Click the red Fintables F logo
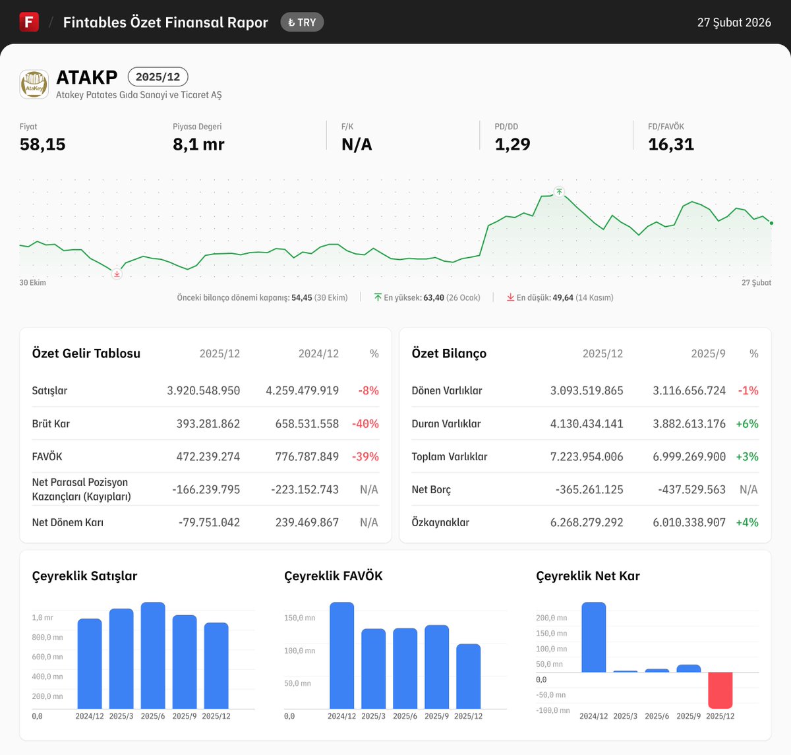(29, 22)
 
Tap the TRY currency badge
(302, 22)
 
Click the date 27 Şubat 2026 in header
(734, 22)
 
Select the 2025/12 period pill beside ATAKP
(158, 76)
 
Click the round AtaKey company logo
(34, 84)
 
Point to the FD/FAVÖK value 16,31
(670, 144)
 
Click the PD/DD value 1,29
(512, 144)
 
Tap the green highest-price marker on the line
(559, 192)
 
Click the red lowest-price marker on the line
(117, 274)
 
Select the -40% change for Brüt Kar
(365, 423)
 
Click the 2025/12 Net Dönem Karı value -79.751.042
(209, 522)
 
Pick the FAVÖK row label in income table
(47, 456)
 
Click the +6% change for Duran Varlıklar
(747, 423)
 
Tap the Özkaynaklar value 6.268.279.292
(586, 522)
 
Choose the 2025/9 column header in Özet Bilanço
(707, 353)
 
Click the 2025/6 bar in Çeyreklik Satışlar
(153, 655)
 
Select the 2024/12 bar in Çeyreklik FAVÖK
(341, 655)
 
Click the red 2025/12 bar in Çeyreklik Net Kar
(720, 690)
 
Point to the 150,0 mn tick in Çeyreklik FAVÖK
(299, 618)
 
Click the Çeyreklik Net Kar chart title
(587, 576)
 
